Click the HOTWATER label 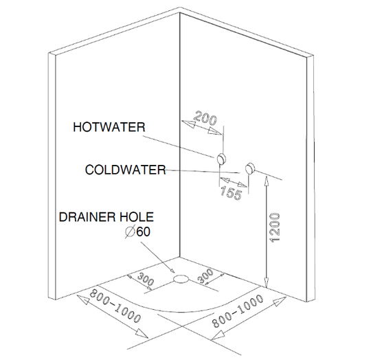[109, 127]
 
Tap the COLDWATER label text [126, 170]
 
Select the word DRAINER [87, 217]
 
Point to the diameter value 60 [143, 232]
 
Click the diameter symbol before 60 [130, 232]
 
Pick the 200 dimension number [205, 117]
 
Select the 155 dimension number [231, 193]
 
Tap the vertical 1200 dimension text [275, 227]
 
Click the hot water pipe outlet [222, 158]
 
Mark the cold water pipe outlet [249, 168]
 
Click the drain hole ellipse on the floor [181, 279]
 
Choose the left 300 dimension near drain [146, 279]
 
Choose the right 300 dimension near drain [205, 276]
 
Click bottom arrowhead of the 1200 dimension [267, 283]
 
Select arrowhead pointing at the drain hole [172, 270]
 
